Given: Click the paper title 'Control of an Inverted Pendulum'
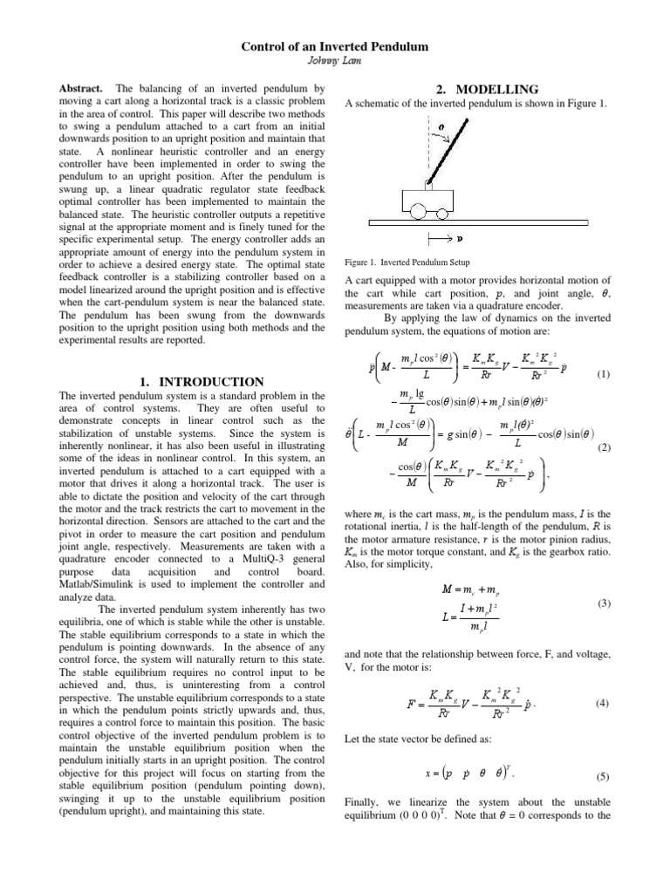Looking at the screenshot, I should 334,45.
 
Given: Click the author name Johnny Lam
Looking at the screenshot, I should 334,60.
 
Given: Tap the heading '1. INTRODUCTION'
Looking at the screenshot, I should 202,382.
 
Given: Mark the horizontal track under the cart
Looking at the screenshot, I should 489,223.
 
